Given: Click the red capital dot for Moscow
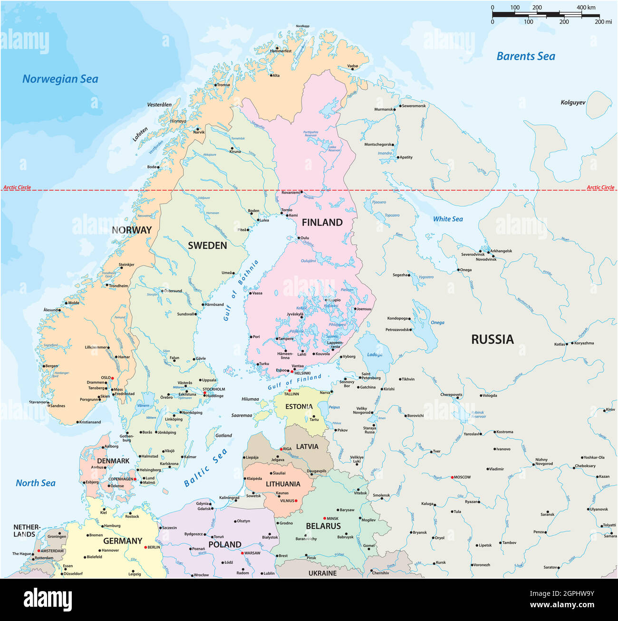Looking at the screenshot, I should click(452, 477).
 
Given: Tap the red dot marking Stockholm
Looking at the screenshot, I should click(205, 393).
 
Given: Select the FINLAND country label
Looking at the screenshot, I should click(322, 222).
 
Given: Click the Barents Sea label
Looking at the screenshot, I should click(525, 56).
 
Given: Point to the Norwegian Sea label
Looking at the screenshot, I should click(60, 79).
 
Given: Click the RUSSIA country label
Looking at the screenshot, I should click(492, 339).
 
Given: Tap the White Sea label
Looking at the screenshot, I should click(447, 219).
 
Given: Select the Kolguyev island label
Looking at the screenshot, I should click(573, 102).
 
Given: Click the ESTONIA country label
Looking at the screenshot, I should click(299, 407).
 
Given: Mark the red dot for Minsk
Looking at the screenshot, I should click(324, 518).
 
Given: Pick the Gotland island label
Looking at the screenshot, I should click(223, 435).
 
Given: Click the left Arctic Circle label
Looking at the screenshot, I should click(17, 187).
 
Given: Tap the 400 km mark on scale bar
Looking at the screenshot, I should click(586, 8).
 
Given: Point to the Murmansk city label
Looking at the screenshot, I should click(383, 109).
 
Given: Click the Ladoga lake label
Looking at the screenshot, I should click(375, 354).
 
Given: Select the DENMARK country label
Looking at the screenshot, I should click(113, 461).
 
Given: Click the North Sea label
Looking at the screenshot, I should click(36, 483).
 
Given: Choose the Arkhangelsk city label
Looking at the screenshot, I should click(501, 251).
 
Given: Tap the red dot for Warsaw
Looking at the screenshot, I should click(242, 553).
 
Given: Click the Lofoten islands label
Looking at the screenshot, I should click(140, 134).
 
